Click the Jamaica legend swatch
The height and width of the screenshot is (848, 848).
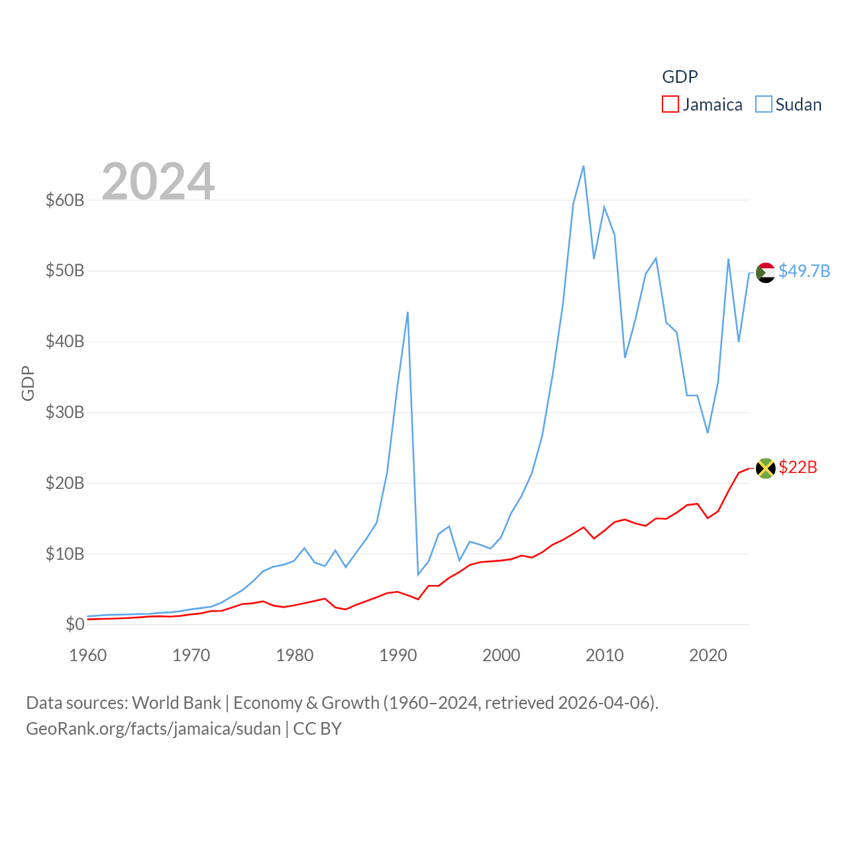point(670,105)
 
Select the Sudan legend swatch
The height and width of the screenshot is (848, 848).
point(764,105)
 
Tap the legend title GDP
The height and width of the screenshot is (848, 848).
point(680,77)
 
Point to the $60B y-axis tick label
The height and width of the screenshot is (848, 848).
point(65,200)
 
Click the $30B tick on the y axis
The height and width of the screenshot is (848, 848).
point(65,412)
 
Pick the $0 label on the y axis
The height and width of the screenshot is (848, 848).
point(75,624)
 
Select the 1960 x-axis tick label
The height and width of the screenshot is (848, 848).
point(88,655)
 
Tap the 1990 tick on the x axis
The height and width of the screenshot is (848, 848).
point(398,655)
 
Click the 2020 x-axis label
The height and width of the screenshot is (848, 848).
point(708,655)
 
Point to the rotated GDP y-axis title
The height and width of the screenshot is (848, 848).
point(28,383)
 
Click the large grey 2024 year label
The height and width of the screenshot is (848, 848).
point(158,182)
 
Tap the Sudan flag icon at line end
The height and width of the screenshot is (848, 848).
point(765,272)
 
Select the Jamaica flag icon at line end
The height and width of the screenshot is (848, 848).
point(765,468)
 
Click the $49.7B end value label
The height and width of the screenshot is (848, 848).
point(804,271)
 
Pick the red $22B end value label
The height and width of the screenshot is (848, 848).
point(798,467)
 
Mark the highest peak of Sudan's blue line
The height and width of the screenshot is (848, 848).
point(583,166)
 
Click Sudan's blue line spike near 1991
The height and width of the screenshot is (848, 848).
point(407,312)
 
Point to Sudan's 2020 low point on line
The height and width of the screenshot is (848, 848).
point(708,433)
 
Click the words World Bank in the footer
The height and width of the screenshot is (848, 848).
point(176,702)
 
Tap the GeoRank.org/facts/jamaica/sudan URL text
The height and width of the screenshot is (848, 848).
point(153,729)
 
